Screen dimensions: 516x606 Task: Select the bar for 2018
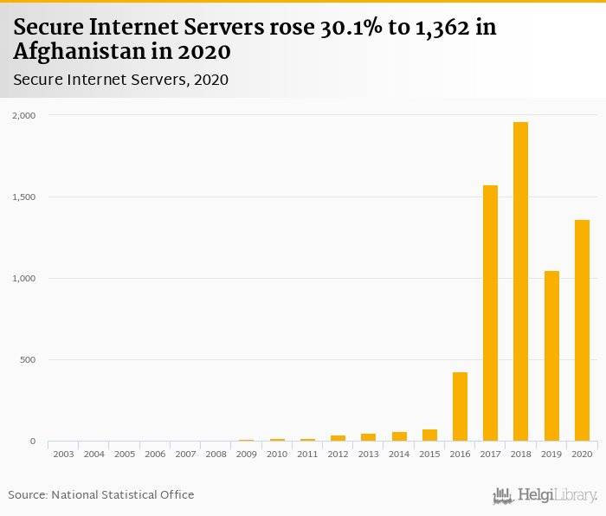(520, 281)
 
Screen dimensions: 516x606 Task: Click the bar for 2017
(490, 313)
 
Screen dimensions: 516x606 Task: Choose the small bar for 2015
(429, 435)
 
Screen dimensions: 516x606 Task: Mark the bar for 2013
(368, 437)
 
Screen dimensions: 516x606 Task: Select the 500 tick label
(29, 359)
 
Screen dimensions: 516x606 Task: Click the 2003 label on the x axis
(63, 454)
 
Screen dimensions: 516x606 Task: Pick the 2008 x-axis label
(216, 454)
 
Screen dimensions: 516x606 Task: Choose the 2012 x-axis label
(338, 454)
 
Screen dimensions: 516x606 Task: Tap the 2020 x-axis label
(582, 454)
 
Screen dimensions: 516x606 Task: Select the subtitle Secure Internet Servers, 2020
(120, 80)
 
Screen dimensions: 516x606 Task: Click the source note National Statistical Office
(122, 495)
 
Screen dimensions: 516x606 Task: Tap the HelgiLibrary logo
(545, 496)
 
